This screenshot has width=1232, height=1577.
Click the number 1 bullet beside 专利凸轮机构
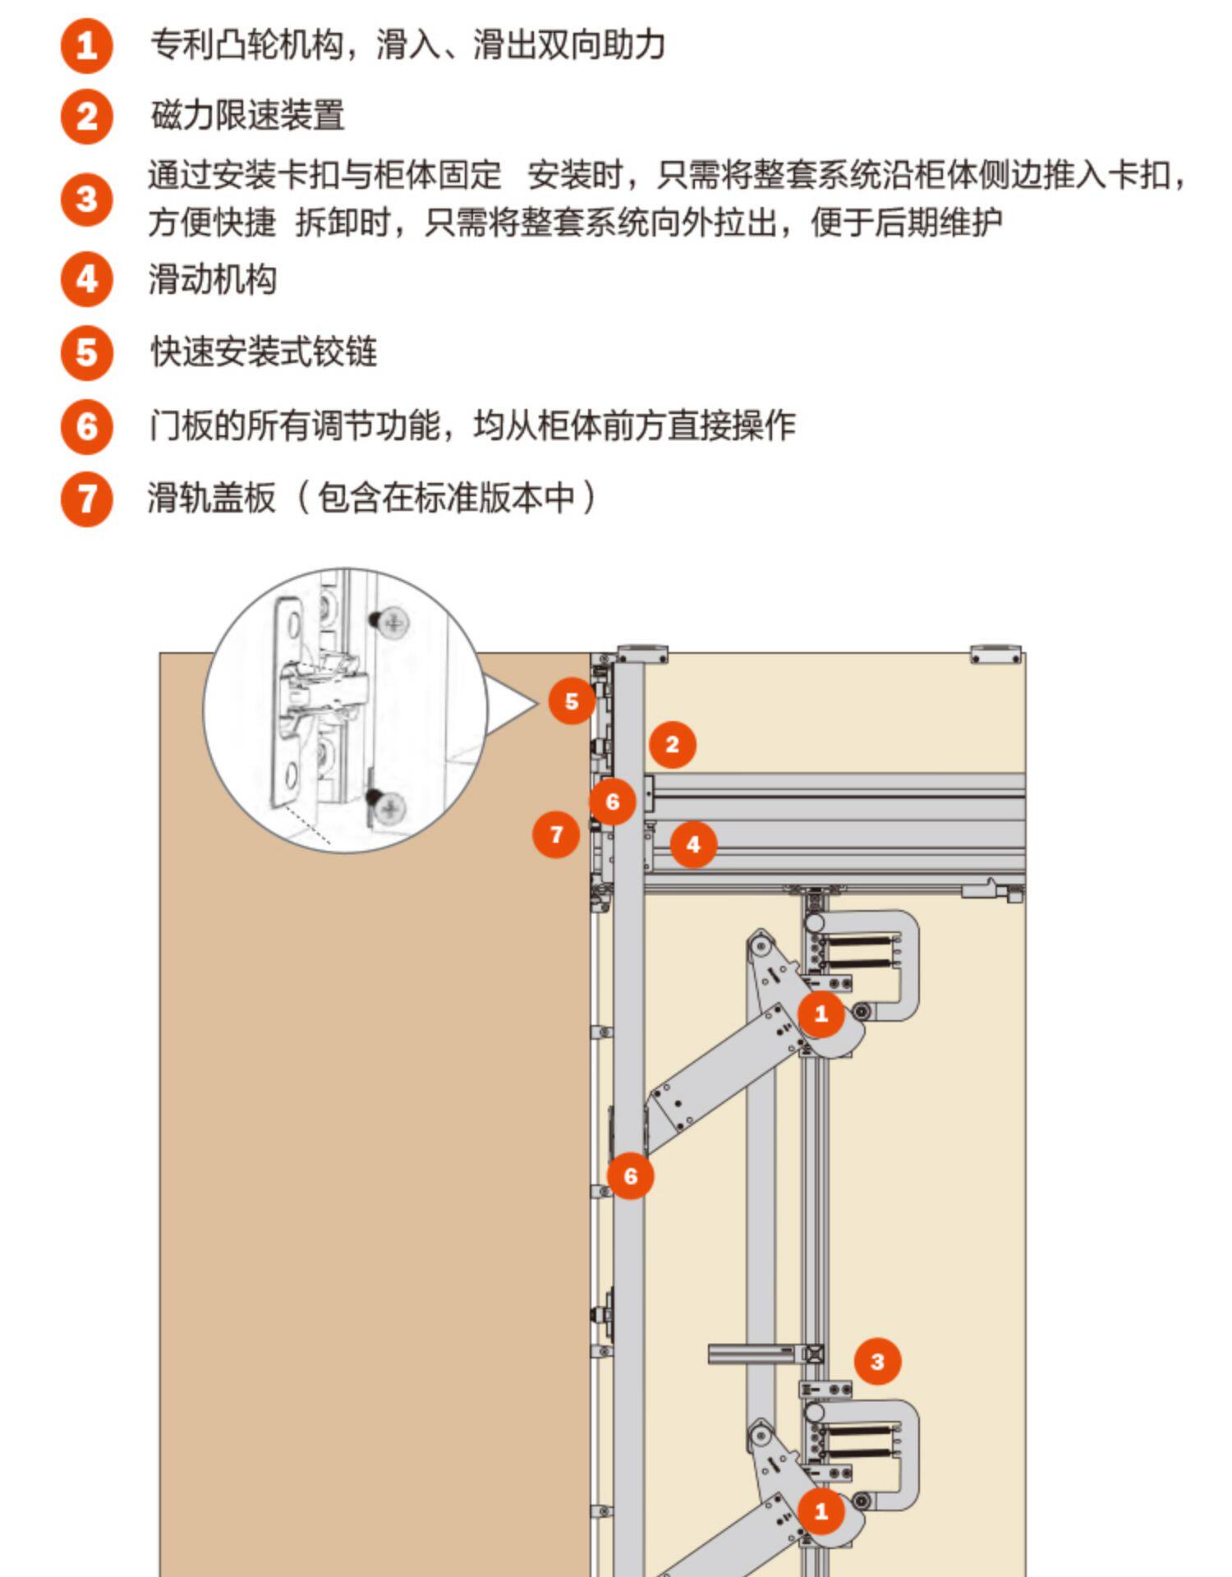click(86, 46)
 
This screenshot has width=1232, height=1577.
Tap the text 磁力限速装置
click(247, 116)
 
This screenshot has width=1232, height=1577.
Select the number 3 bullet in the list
click(86, 199)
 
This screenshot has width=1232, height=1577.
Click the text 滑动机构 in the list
click(212, 279)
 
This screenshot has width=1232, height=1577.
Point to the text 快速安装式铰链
click(264, 352)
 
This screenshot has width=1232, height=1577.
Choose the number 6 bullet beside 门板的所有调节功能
click(86, 426)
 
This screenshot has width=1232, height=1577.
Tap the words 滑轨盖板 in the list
click(211, 498)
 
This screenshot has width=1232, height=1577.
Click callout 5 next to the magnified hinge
click(572, 701)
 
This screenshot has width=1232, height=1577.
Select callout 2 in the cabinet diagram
click(672, 745)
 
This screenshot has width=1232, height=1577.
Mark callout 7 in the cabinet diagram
click(556, 834)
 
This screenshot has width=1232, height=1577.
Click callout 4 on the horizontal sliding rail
click(692, 844)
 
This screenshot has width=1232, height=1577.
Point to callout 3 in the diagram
click(877, 1361)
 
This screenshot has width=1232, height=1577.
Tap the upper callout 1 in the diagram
click(821, 1014)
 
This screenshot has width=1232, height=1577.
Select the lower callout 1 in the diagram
click(821, 1510)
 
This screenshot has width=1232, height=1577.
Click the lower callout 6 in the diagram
click(630, 1175)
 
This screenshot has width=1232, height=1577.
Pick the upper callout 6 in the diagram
click(612, 802)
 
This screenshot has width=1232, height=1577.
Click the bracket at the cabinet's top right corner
click(995, 655)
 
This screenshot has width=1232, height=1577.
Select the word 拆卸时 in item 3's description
click(342, 223)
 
